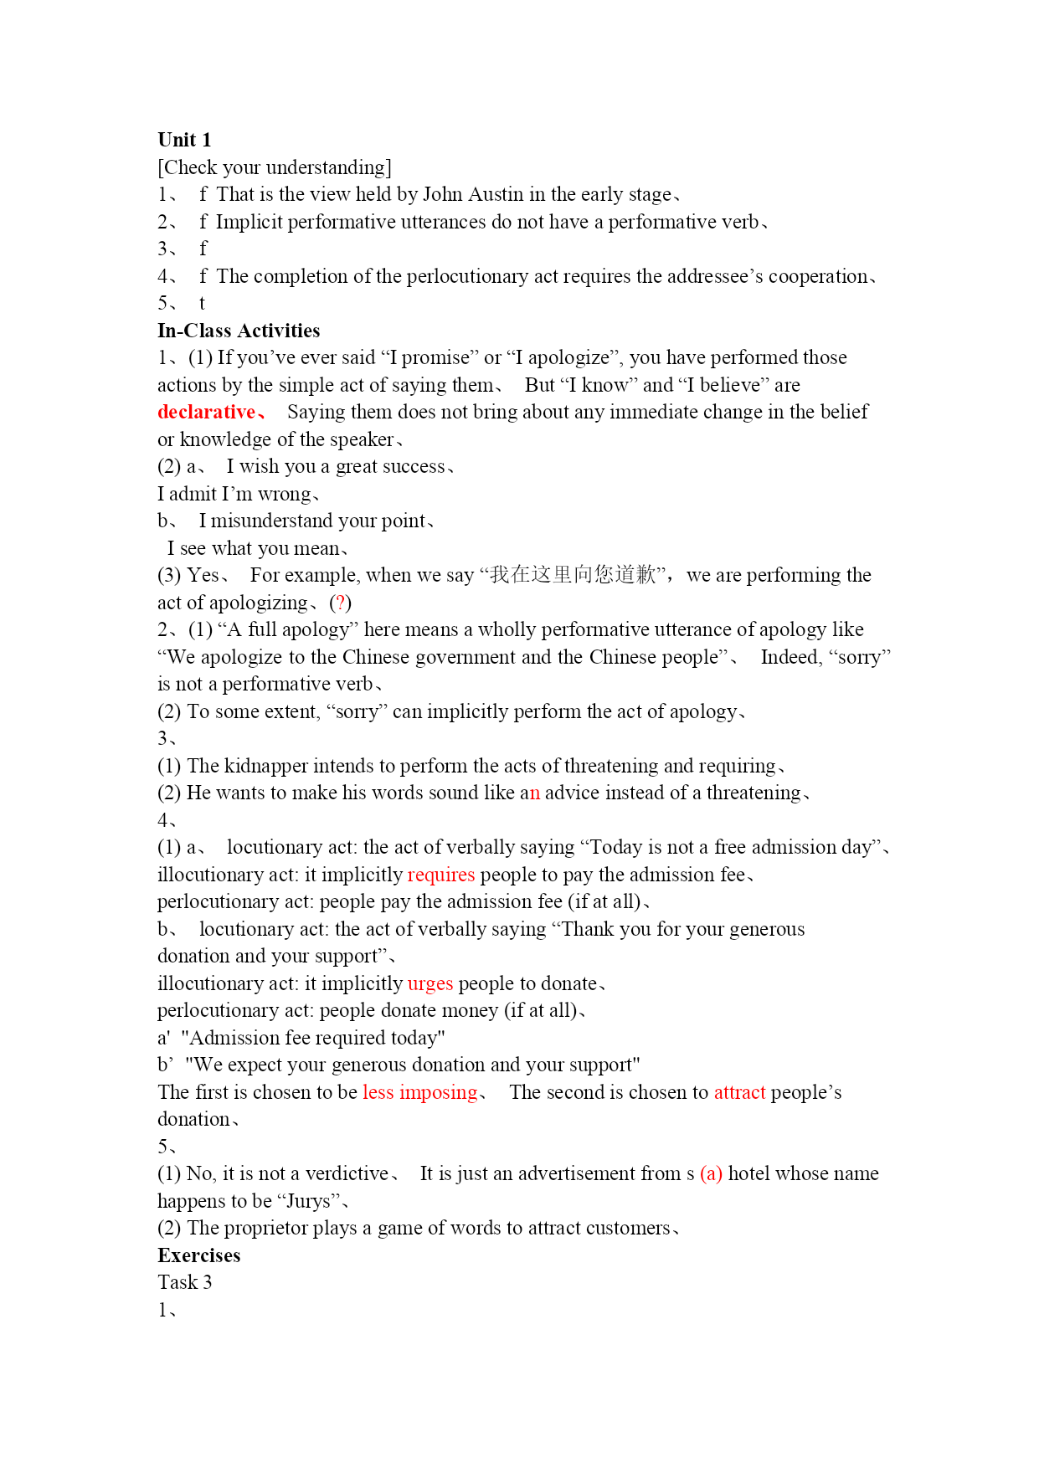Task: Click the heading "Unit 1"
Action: pos(184,140)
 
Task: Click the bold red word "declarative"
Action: pos(206,412)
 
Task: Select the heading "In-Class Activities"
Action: pos(239,331)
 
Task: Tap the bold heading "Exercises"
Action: pos(198,1255)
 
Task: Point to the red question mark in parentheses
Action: pos(340,603)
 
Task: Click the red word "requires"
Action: pos(441,875)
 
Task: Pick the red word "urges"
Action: pos(430,983)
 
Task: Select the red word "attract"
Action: pos(739,1092)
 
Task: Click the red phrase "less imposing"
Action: pos(419,1092)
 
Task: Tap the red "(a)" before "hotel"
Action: pos(711,1173)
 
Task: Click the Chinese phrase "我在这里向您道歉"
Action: pos(573,575)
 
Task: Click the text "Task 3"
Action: pos(185,1282)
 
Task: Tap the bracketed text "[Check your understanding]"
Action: pos(275,167)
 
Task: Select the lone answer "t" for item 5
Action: pos(202,303)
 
